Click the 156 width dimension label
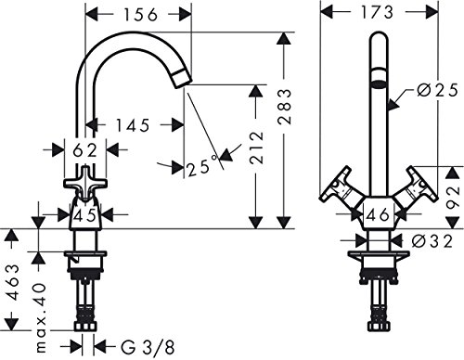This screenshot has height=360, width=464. pyautogui.click(x=141, y=15)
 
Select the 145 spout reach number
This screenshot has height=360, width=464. pyautogui.click(x=133, y=125)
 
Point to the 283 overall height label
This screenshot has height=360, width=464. pyautogui.click(x=285, y=107)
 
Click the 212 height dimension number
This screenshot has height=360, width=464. pyautogui.click(x=257, y=148)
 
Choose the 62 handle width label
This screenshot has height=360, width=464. pyautogui.click(x=85, y=150)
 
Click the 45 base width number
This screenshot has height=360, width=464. pyautogui.click(x=85, y=215)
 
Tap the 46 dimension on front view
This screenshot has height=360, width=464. pyautogui.click(x=379, y=214)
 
